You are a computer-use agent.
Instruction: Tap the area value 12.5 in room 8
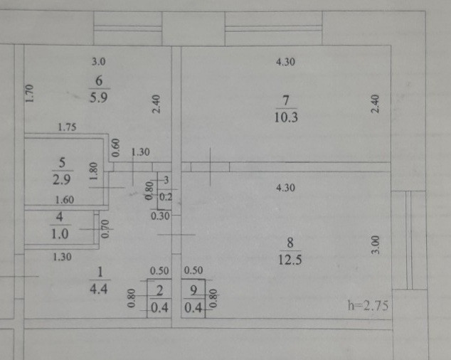point(290,260)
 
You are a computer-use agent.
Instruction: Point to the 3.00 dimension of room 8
point(376,245)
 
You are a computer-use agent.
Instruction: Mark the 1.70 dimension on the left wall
point(29,93)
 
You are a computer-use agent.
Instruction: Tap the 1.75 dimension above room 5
point(67,128)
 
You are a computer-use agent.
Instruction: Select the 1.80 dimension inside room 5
point(92,172)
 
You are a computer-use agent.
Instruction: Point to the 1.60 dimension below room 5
point(65,201)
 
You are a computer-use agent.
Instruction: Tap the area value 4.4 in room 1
point(100,289)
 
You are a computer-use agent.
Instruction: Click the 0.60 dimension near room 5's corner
point(116,148)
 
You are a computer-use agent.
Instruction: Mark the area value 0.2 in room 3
point(166,196)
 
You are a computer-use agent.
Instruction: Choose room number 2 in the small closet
point(159,290)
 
